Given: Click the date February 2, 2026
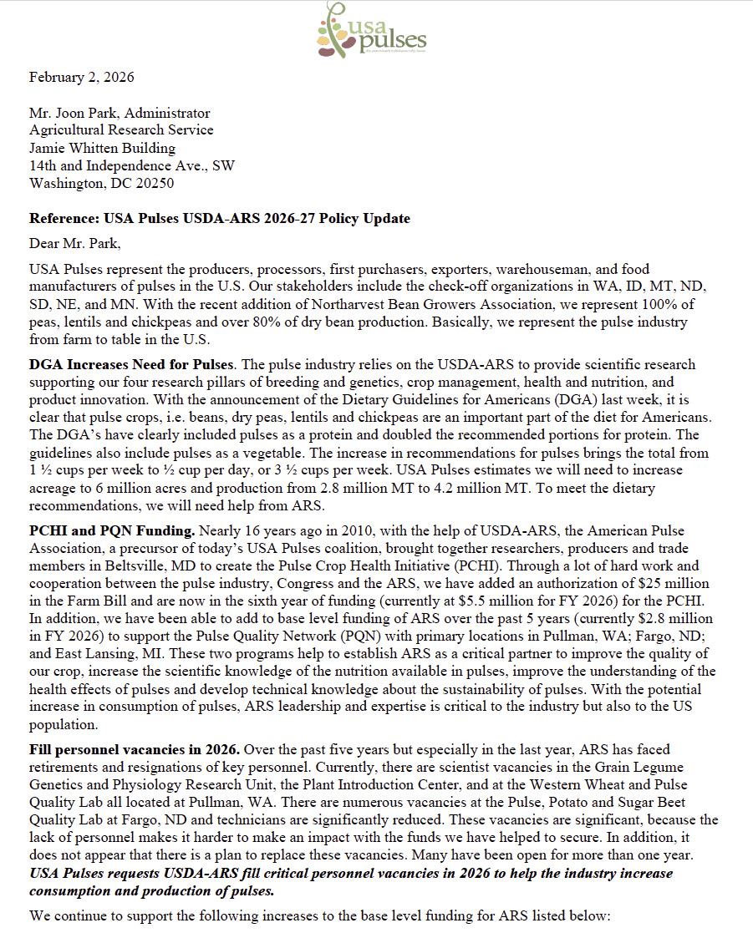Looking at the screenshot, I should click(x=81, y=78).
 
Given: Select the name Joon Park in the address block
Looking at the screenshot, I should click(x=85, y=113).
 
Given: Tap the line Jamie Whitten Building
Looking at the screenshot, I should click(x=102, y=148).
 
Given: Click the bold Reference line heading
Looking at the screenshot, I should click(x=220, y=219).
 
